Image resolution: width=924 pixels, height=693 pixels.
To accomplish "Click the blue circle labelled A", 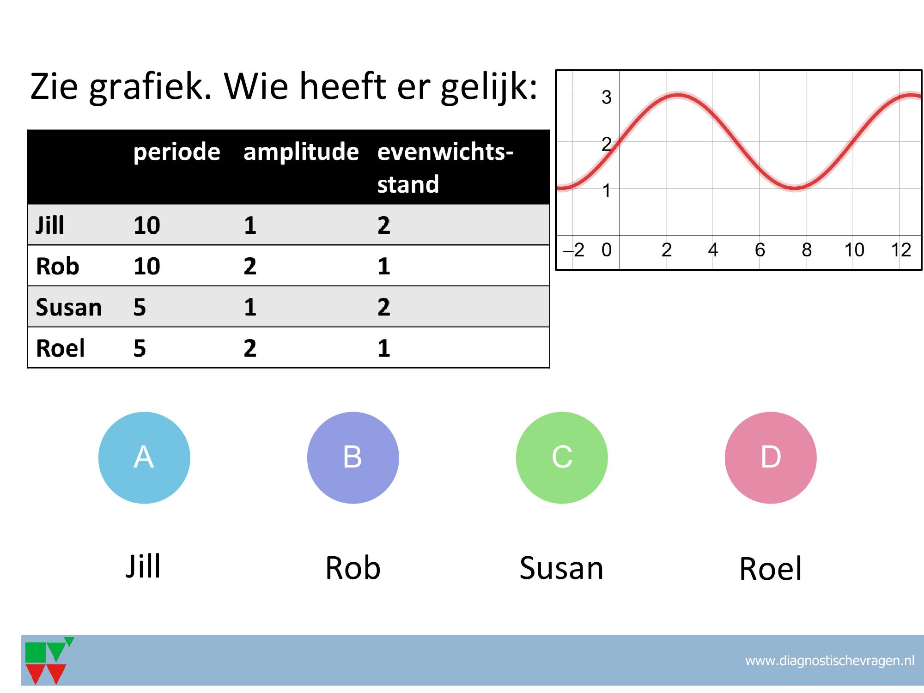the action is [144, 457].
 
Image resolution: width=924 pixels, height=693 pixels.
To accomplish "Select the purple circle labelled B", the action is [353, 457].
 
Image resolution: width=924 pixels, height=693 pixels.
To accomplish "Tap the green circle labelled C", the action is [562, 457].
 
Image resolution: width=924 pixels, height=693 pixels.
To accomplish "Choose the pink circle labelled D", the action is [771, 457].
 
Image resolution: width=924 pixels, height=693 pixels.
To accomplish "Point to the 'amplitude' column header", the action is [301, 152].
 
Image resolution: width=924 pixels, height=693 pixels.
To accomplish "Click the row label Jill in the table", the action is [50, 225].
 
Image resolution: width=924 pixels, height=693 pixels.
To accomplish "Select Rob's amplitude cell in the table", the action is [250, 266].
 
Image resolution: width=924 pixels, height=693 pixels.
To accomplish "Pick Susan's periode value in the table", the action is [140, 307].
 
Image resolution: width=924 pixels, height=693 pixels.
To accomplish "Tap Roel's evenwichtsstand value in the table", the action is [384, 348].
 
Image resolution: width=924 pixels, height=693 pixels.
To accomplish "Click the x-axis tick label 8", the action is [807, 250].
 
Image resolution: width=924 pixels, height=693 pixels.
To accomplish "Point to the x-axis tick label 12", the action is [901, 250].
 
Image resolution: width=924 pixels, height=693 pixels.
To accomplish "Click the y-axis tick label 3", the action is [607, 97].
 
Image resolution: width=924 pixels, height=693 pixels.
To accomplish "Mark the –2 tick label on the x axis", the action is [574, 250].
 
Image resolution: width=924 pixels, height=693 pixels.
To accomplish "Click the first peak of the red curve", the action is [677, 96].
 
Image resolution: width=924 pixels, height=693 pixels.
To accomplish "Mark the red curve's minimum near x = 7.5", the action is [795, 188].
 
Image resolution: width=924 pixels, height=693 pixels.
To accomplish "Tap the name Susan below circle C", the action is [561, 568].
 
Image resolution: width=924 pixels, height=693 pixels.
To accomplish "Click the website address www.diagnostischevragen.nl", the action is [830, 661].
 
